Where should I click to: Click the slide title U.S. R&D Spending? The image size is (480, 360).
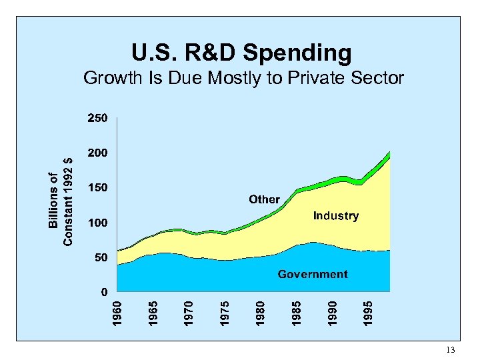pos(241,52)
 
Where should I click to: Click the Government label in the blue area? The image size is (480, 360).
pos(313,274)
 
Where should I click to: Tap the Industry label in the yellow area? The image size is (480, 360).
pos(335,216)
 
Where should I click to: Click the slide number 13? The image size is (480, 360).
pos(450,350)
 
